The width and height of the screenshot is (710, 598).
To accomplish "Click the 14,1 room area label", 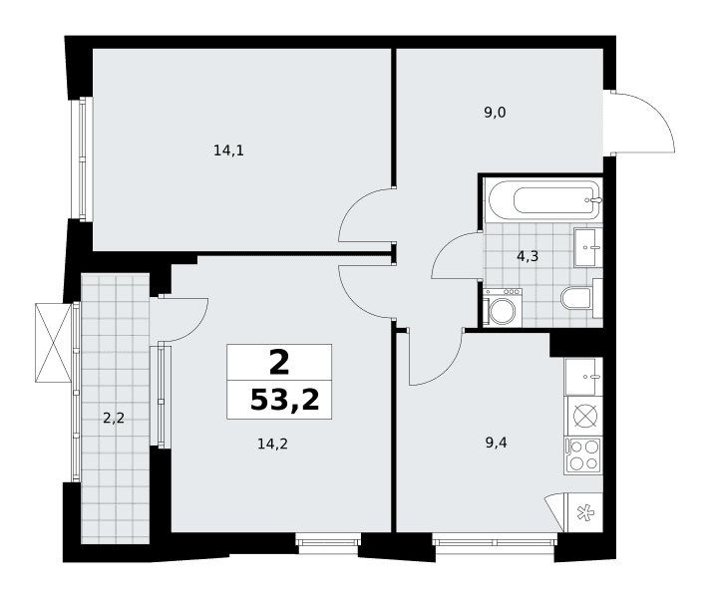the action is click(228, 150).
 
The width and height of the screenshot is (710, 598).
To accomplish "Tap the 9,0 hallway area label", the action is click(495, 113).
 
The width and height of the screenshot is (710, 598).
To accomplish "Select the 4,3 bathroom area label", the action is click(528, 257).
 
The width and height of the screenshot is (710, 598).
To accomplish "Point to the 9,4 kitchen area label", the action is click(496, 443).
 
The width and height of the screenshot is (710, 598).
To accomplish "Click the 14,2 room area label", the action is click(272, 445).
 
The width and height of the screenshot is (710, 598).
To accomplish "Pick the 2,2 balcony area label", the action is click(114, 418).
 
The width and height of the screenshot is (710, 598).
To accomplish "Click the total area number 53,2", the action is click(285, 401).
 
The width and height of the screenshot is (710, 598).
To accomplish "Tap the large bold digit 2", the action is click(279, 364).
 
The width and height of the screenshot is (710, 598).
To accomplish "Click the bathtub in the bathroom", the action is click(543, 200).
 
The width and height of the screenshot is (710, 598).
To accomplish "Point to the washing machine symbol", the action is click(503, 307).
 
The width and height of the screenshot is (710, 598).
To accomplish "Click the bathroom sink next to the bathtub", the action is click(588, 247).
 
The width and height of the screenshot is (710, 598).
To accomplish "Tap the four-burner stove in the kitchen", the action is click(583, 455).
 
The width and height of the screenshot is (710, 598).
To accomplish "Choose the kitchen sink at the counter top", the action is click(583, 377).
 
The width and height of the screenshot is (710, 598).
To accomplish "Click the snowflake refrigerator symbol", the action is click(585, 513).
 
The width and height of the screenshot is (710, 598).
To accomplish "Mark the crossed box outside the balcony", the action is click(53, 343).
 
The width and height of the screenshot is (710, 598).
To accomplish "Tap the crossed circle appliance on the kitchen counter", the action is click(585, 416).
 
